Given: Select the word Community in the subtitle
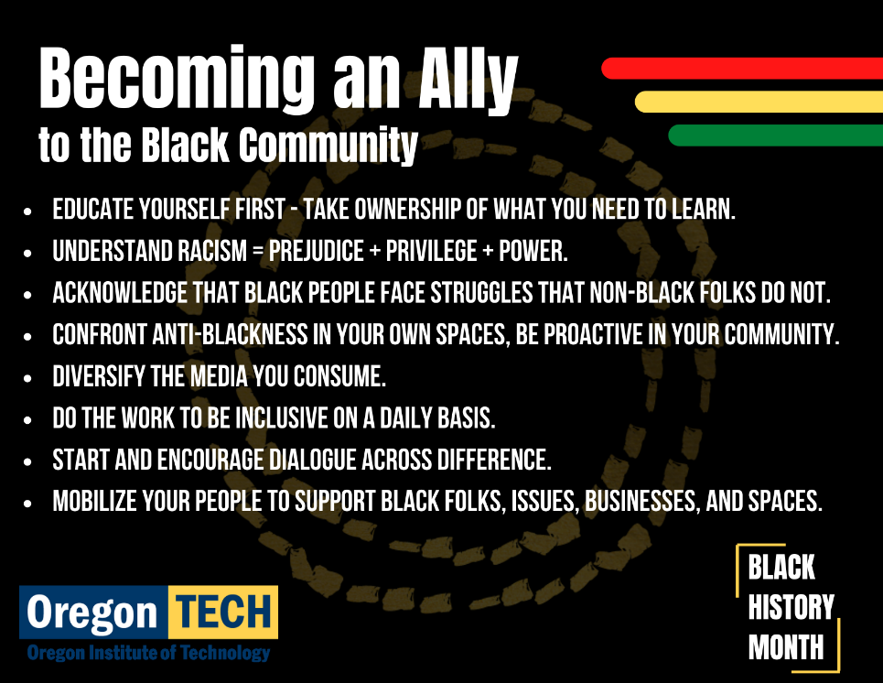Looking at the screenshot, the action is [x=328, y=145].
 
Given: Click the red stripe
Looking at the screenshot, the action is [x=742, y=68].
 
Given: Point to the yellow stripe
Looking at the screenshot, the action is [x=759, y=102].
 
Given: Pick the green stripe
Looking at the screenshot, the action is [x=775, y=136].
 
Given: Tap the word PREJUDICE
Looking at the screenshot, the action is [x=316, y=251].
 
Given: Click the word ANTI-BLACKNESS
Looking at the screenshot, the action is [x=230, y=334].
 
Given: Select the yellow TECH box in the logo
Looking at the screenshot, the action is [x=223, y=613].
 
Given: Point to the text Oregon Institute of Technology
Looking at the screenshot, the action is [x=148, y=653].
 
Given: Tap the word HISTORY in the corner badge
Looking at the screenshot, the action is [x=791, y=606].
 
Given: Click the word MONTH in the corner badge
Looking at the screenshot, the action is [x=786, y=647].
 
